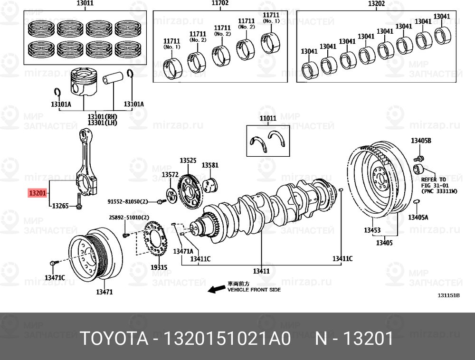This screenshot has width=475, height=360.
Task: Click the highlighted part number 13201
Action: point(37,193)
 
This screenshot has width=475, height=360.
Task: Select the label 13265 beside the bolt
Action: point(60,206)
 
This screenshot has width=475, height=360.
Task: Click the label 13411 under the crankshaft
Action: point(261,271)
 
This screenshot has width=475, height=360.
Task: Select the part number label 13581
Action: point(210,165)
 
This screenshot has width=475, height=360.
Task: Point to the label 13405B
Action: point(421,141)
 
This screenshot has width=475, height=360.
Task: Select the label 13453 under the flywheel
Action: point(372,230)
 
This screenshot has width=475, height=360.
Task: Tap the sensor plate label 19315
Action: point(159,267)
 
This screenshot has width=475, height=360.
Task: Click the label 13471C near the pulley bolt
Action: point(55,277)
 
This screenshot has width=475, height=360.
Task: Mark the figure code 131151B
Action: point(449,295)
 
